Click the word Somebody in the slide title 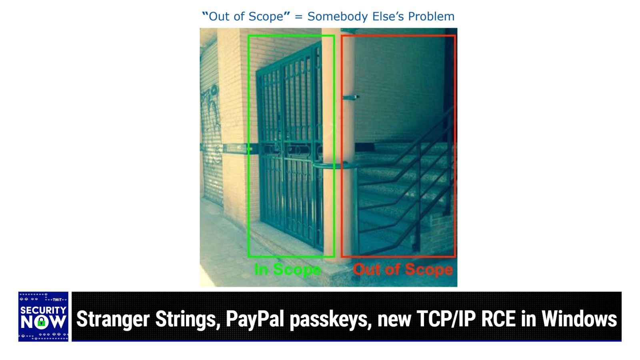[338, 16]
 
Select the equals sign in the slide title [298, 17]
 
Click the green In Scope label [288, 269]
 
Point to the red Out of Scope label [403, 269]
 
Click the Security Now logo [43, 316]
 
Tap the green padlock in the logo [42, 322]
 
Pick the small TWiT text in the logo [57, 300]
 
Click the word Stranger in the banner [113, 319]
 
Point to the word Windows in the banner [579, 319]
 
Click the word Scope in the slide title [266, 17]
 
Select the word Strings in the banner [188, 320]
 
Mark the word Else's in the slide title [388, 16]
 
